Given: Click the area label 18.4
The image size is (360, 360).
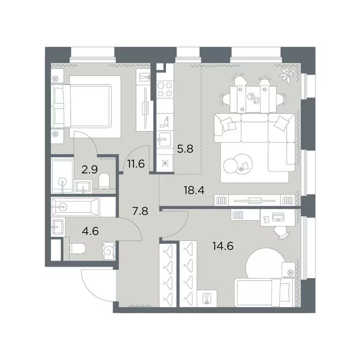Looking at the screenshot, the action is (x=194, y=190).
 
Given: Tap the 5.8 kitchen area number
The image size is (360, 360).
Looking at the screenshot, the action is (x=185, y=149).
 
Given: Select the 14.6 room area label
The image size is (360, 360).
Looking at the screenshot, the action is (x=223, y=247).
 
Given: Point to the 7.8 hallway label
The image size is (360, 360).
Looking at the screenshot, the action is (x=140, y=211).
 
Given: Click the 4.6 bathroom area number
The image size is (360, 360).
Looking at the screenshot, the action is (x=90, y=231).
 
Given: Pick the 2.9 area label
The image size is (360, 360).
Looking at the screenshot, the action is (x=90, y=170).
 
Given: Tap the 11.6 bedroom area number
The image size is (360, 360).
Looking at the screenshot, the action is (x=136, y=164).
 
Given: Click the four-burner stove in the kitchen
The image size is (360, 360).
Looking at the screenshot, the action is (x=165, y=90).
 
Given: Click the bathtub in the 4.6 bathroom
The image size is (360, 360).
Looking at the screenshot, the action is (x=76, y=207).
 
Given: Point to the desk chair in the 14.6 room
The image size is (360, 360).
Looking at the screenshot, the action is (x=282, y=232).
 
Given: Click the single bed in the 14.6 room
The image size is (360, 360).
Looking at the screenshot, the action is (x=265, y=292).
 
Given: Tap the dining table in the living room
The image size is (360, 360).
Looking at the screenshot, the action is (x=253, y=99).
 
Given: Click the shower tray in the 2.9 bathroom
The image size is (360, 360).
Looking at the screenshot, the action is (x=62, y=175).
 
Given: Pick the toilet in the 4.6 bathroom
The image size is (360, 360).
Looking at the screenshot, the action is (x=77, y=249).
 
